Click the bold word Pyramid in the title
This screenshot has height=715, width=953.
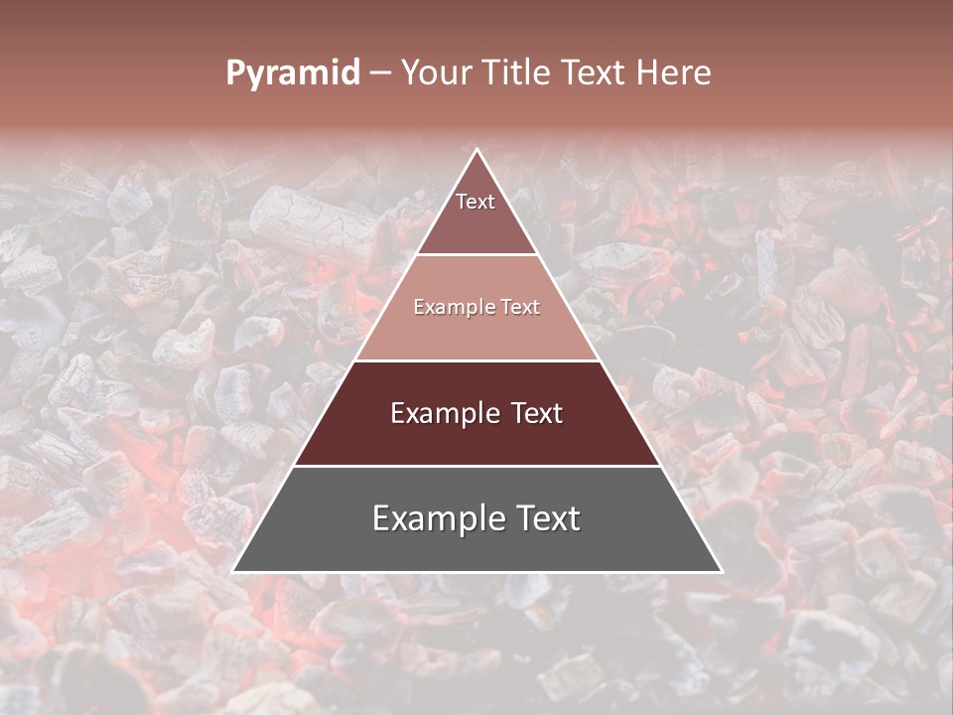point(293,73)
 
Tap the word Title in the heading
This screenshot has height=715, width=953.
point(518,73)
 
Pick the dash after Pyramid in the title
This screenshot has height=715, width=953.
point(380,73)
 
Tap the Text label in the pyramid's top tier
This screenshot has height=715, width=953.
point(476,202)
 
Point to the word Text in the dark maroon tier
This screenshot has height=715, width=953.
point(532,413)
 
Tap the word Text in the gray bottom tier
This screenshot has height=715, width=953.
point(545,518)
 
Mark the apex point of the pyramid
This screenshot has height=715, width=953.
point(477,149)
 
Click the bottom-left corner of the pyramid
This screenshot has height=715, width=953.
point(233,572)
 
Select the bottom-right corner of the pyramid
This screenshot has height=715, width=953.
point(722,572)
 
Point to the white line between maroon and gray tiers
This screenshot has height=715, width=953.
point(477,466)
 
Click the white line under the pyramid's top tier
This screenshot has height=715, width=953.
point(477,255)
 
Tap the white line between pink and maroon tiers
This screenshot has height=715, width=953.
point(477,360)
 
